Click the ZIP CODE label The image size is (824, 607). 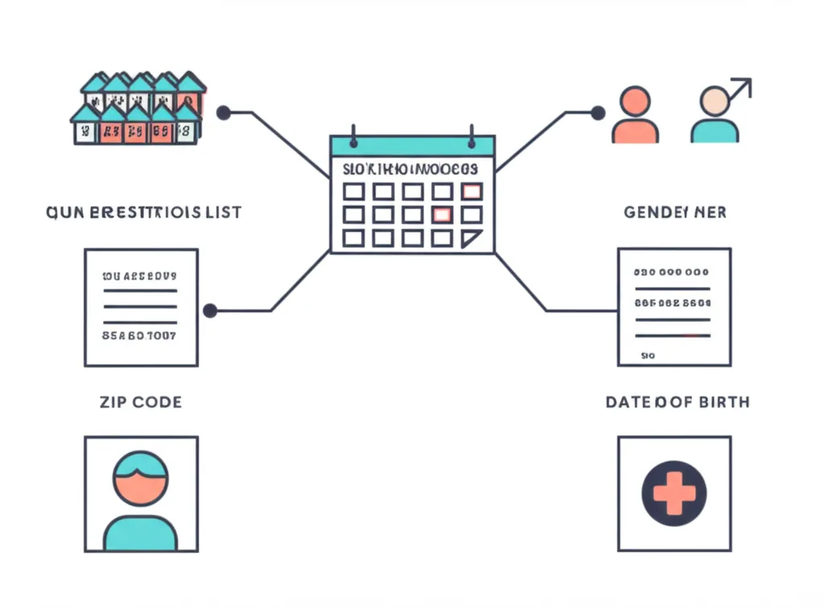pos(141,401)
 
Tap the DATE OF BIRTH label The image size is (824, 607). pos(677,401)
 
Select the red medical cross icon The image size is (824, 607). pos(674,492)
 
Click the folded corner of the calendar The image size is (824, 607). pos(472,238)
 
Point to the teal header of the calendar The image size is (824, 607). pos(412,146)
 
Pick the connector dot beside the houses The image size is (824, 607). pos(224,113)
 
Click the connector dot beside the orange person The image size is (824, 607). pos(597,113)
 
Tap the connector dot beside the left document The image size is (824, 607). pos(210,310)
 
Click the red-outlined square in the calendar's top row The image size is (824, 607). pos(472,191)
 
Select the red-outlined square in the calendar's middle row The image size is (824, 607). pos(442,215)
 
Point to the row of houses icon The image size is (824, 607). pos(138,109)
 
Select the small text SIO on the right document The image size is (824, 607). pos(649,354)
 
